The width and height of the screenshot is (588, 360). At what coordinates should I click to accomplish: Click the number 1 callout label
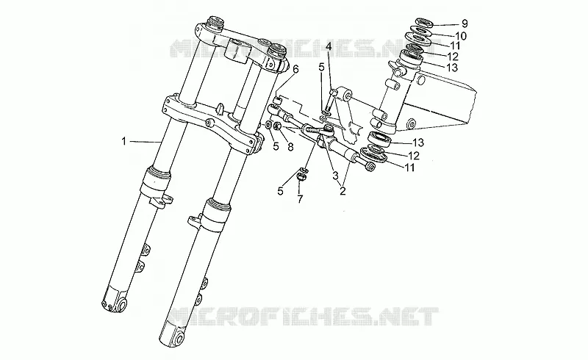[123, 141]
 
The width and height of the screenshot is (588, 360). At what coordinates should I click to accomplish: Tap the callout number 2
[343, 191]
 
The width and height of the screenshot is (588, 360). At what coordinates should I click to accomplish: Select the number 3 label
[335, 175]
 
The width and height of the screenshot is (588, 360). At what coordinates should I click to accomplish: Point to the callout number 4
[329, 47]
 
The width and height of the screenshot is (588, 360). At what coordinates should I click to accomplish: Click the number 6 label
[296, 69]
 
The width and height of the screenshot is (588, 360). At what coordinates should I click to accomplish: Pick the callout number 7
[300, 199]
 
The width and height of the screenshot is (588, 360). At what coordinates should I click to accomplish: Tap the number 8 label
[290, 147]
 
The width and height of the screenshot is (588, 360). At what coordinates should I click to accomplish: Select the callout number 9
[465, 24]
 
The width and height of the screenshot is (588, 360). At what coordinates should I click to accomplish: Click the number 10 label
[460, 36]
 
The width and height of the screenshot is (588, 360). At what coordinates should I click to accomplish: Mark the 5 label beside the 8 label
[276, 147]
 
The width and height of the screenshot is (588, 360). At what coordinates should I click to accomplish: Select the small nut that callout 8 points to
[279, 126]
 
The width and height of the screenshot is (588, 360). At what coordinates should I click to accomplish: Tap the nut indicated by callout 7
[300, 176]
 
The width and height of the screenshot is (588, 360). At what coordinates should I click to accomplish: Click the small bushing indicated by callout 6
[278, 101]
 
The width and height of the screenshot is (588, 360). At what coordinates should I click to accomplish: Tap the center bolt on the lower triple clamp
[209, 122]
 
